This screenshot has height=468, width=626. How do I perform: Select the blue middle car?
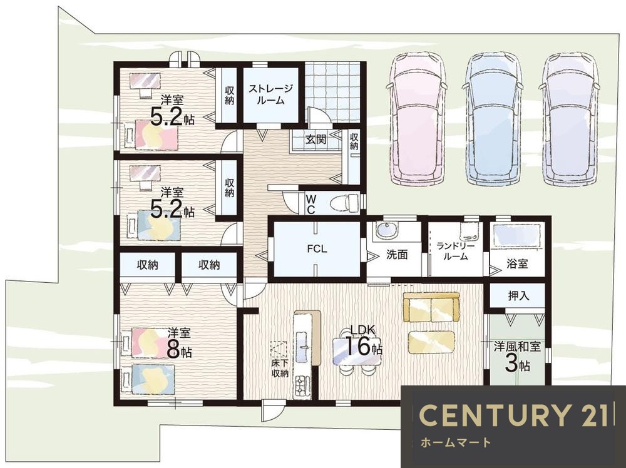click(x=493, y=118)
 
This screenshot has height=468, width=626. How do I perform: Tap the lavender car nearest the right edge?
click(x=570, y=118)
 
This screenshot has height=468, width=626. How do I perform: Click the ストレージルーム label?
click(x=270, y=94)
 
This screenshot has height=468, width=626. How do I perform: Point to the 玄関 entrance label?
click(x=316, y=140)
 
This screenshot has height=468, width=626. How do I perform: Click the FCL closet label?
click(x=317, y=249)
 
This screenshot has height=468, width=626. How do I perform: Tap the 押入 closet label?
click(x=518, y=296)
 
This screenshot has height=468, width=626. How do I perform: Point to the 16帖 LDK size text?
click(x=363, y=345)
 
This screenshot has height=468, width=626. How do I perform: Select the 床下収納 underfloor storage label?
click(x=280, y=369)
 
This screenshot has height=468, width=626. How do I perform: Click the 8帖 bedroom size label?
click(x=179, y=350)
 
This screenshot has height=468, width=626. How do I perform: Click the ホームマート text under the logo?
click(x=455, y=442)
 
